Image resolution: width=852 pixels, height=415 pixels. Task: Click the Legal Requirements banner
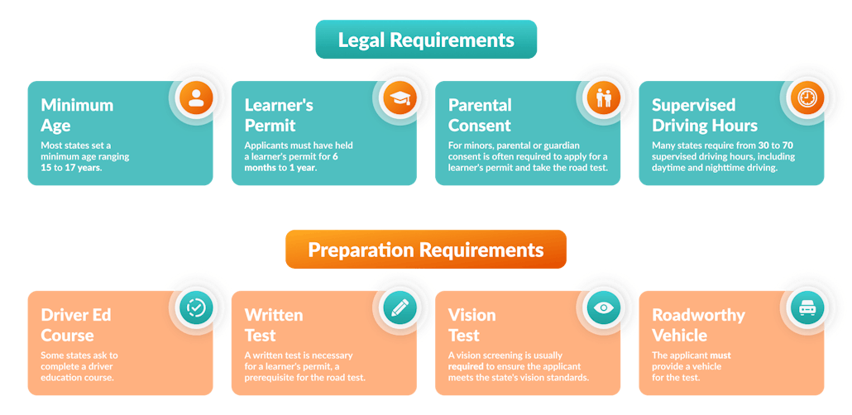click(x=426, y=40)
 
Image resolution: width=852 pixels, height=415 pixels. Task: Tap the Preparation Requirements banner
click(x=426, y=250)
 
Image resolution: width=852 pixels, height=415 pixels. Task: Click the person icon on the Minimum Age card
click(x=196, y=98)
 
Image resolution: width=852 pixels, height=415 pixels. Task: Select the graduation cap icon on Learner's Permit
click(x=400, y=98)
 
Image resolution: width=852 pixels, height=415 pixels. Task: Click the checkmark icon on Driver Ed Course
click(x=196, y=308)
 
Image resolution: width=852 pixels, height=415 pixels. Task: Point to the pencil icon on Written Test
click(x=400, y=308)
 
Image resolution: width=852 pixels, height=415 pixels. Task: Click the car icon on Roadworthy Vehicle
click(x=807, y=308)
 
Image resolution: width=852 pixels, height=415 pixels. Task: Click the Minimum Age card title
click(x=77, y=116)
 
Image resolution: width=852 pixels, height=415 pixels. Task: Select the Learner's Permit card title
click(x=279, y=116)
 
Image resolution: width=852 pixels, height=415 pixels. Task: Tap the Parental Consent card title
click(x=480, y=116)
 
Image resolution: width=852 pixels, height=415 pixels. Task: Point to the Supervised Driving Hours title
click(x=704, y=116)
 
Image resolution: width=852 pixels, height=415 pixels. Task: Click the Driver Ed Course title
click(x=76, y=325)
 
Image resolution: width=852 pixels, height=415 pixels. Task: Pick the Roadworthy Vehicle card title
click(x=698, y=325)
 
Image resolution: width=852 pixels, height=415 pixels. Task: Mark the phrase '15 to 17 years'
click(x=72, y=168)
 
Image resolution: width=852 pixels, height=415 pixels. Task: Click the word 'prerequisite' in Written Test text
click(x=275, y=377)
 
